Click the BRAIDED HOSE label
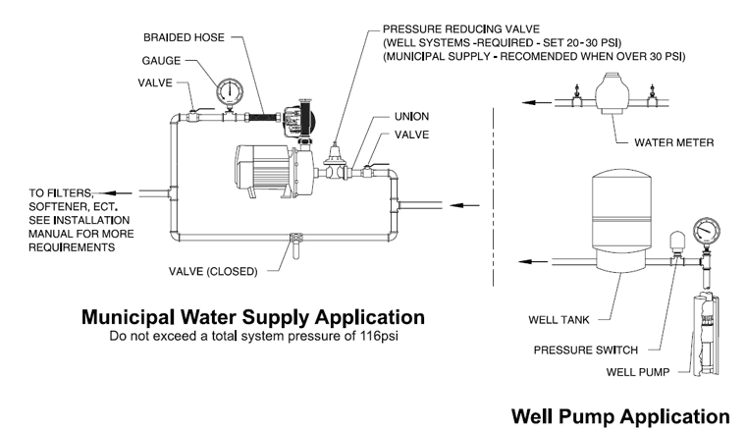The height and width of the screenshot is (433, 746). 185,37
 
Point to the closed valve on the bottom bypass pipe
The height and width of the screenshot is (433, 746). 294,238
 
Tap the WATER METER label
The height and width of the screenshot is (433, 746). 673,142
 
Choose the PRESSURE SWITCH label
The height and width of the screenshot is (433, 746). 584,350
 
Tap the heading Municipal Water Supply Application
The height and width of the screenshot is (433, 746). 253,317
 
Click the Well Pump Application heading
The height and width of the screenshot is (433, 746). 620,415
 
